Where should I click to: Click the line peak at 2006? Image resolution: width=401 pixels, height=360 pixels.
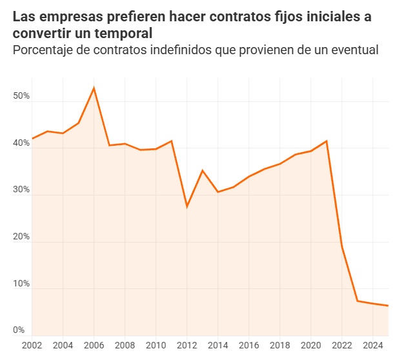click(x=94, y=88)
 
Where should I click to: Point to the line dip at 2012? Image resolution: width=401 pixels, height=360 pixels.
click(x=187, y=206)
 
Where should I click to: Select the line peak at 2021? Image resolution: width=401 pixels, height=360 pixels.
click(x=327, y=141)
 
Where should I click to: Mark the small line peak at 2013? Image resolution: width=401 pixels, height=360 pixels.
click(x=203, y=170)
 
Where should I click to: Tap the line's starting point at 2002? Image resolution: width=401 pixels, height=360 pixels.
click(x=32, y=139)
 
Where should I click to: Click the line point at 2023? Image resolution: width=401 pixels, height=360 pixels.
click(x=358, y=301)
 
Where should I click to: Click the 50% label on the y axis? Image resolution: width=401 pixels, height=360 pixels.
click(x=22, y=96)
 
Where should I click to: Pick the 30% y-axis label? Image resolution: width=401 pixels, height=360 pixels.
click(x=22, y=190)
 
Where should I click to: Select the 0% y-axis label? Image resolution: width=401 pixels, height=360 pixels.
click(x=19, y=330)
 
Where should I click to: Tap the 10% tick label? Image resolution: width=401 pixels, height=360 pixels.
click(x=22, y=284)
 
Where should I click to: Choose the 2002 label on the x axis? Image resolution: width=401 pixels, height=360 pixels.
click(x=32, y=345)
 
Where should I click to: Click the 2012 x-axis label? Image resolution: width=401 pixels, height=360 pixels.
click(x=187, y=345)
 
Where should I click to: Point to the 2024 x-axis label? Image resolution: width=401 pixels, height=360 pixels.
click(x=373, y=345)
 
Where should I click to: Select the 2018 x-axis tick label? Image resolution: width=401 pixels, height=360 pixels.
click(x=280, y=345)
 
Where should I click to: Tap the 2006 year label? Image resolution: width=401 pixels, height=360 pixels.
click(x=94, y=345)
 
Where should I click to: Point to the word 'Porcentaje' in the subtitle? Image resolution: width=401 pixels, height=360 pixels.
click(x=45, y=50)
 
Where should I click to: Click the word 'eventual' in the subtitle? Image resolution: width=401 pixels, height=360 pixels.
click(x=353, y=50)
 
